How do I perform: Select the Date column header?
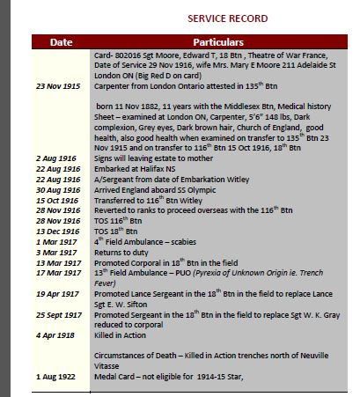click(61, 41)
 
